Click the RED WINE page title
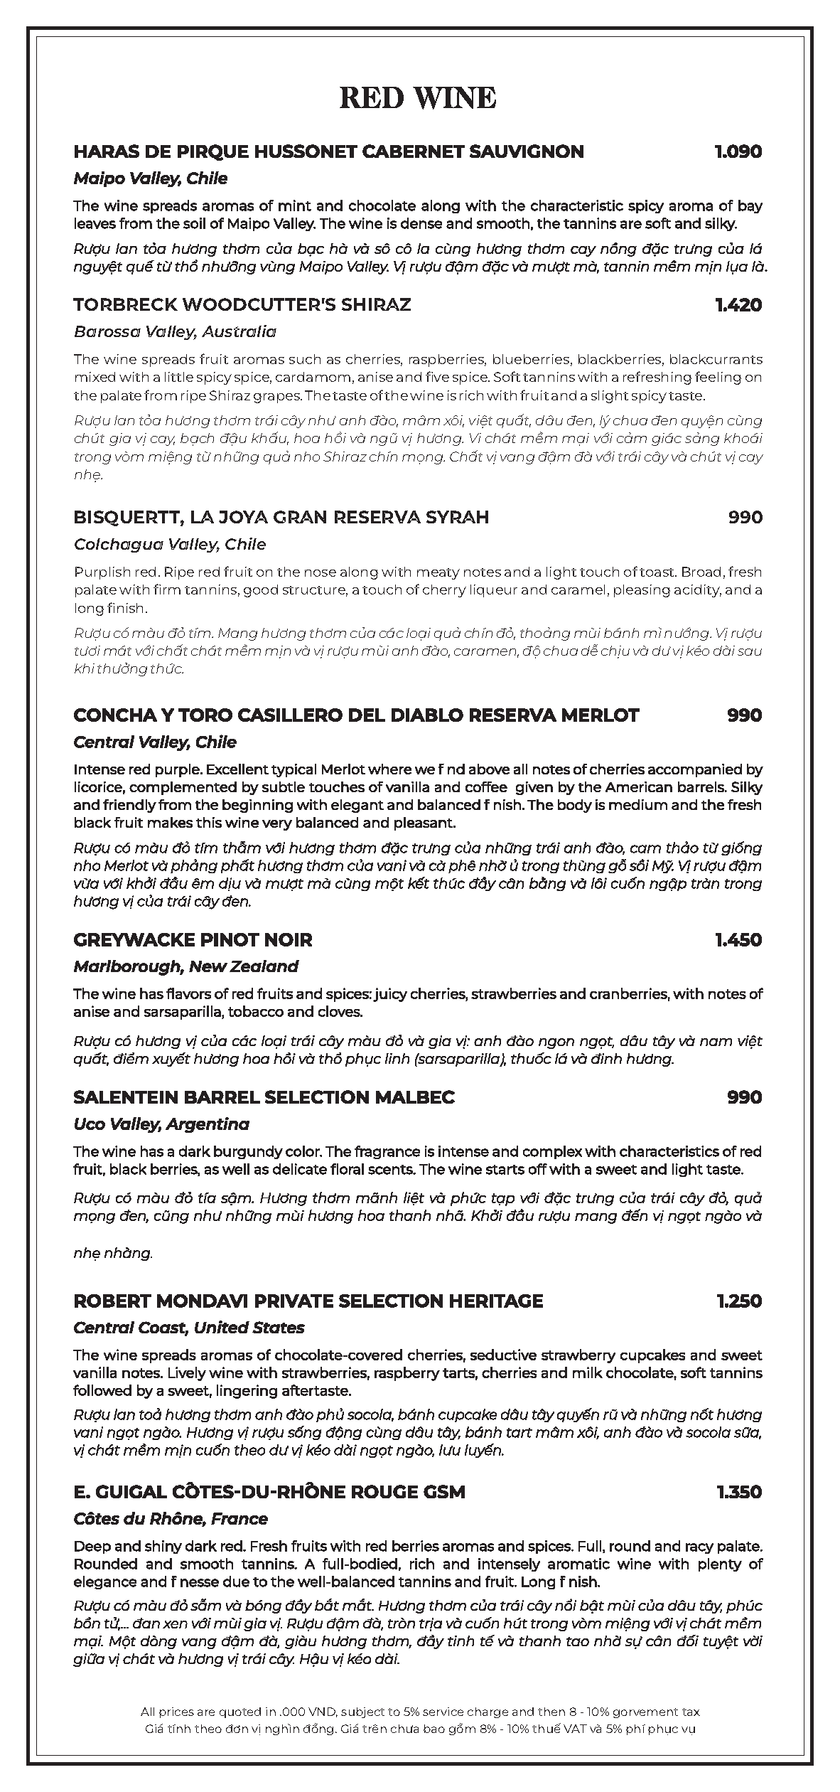pos(418,98)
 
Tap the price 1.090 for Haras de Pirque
pos(738,151)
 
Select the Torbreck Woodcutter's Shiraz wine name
pos(242,305)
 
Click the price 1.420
pos(738,305)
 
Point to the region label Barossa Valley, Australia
pos(175,331)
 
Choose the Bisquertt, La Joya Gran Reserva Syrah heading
pos(281,517)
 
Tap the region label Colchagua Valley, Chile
pos(170,544)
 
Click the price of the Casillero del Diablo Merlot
pos(744,715)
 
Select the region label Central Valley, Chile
pos(155,742)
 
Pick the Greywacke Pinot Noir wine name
pos(193,939)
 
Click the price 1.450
pos(738,939)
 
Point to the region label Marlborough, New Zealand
pos(185,966)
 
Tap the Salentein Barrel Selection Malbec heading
pos(264,1097)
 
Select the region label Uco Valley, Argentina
pos(161,1124)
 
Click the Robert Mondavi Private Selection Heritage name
pos(308,1301)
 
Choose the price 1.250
pos(738,1301)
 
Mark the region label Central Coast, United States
pos(189,1328)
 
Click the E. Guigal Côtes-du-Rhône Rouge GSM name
pos(269,1491)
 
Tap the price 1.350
pos(738,1491)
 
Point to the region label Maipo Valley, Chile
pos(151,178)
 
